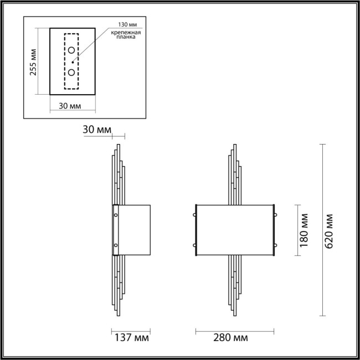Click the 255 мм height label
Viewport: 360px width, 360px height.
click(34, 62)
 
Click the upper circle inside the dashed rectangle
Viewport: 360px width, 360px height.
click(72, 51)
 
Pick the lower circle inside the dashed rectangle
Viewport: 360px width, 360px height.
click(72, 72)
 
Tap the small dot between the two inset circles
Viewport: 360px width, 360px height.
click(73, 62)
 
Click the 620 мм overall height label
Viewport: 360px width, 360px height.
click(331, 230)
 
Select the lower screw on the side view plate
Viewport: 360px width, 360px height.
click(116, 245)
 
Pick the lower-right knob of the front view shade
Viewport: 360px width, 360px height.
click(274, 245)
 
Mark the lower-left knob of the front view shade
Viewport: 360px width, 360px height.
click(196, 245)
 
